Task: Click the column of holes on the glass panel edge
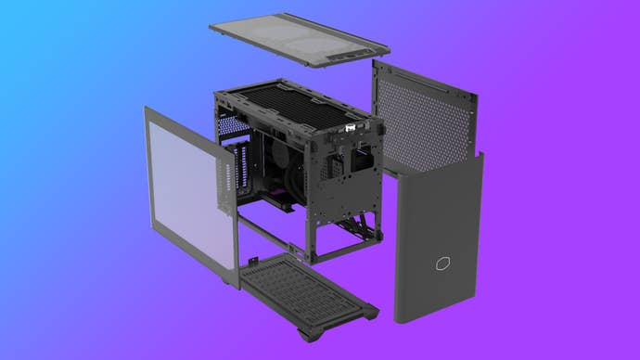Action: tap(225, 181)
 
